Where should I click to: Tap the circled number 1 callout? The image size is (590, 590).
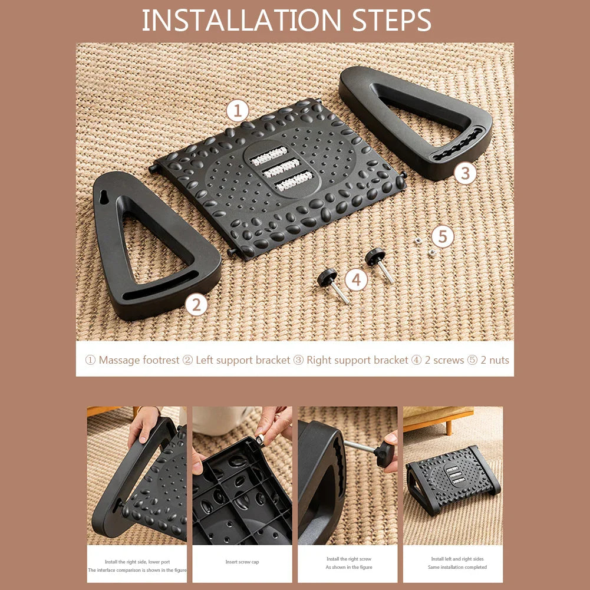coord(238,110)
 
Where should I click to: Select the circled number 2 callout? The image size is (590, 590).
coord(196,305)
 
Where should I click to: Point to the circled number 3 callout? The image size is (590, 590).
coord(465,173)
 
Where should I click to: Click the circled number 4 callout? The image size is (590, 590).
coord(356,279)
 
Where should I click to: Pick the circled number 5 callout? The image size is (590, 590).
coord(443,237)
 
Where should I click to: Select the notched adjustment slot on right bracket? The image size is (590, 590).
coord(457,147)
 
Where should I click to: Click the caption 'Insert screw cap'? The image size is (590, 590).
coord(242,562)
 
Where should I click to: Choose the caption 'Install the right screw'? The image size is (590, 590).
coord(349,559)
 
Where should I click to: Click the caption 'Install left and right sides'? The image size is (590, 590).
coord(457,559)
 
